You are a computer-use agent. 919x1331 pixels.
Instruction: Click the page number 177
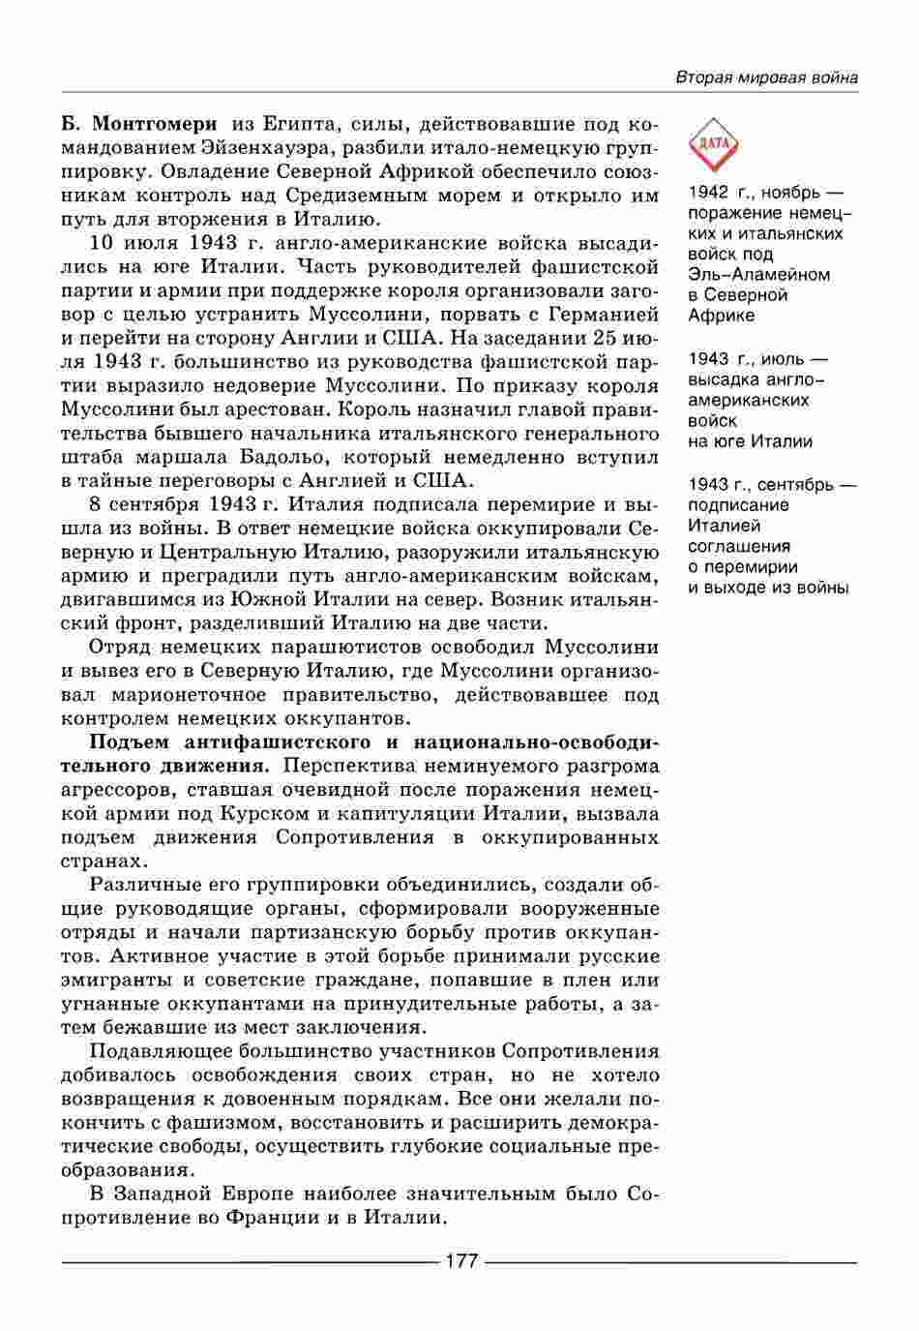tap(460, 1261)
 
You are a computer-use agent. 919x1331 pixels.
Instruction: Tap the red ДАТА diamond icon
tap(713, 145)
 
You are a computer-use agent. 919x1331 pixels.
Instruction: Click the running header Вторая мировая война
tap(766, 77)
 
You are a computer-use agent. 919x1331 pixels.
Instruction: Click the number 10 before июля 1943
tap(103, 243)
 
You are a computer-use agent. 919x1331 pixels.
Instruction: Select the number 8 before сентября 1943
tap(95, 504)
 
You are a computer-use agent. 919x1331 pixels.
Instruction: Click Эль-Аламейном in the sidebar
tap(759, 274)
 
